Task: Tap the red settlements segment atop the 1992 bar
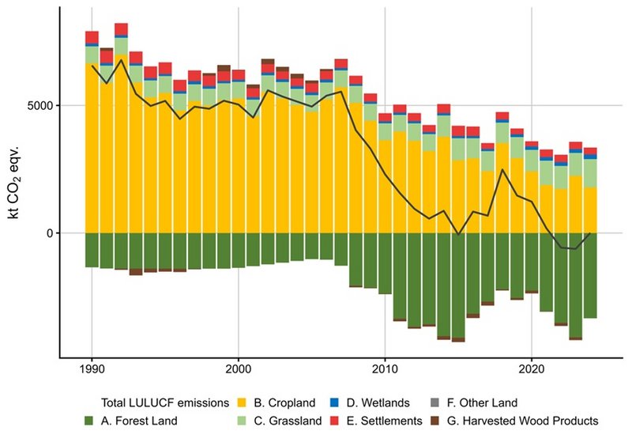coord(122,29)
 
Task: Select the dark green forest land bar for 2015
coord(458,285)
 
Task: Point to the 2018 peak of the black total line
coord(502,169)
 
